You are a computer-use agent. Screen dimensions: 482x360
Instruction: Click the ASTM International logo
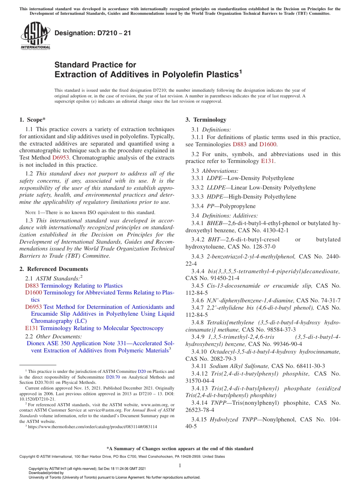coord(35,36)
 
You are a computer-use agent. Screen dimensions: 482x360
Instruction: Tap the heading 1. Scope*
coord(33,120)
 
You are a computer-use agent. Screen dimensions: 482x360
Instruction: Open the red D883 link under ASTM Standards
coord(32,286)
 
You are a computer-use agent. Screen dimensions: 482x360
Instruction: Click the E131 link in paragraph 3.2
coord(268,161)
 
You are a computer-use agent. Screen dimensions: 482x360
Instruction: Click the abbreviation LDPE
coord(214,178)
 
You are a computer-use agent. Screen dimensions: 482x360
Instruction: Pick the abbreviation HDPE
coord(215,197)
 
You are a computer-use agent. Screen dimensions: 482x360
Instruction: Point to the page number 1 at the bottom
coord(180,465)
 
